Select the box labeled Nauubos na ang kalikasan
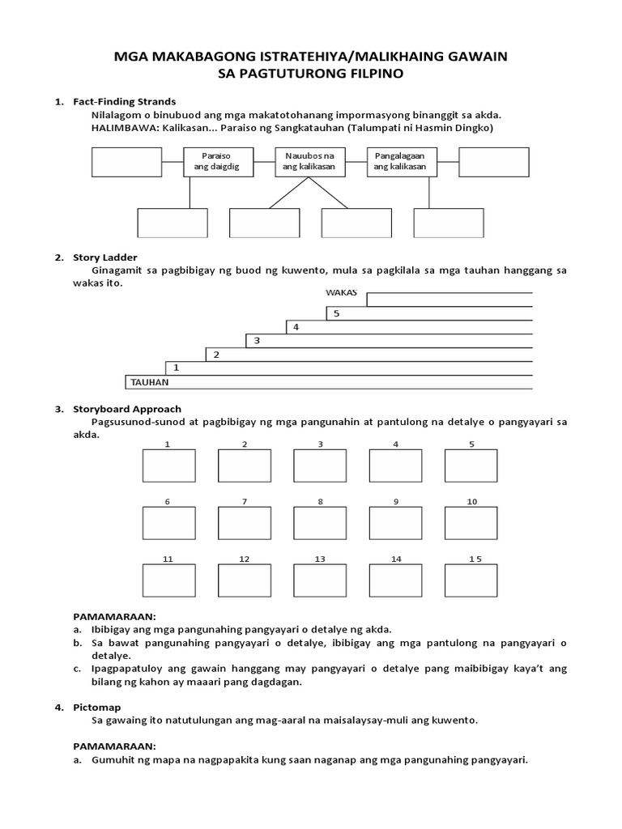point(309,162)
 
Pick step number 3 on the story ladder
point(257,341)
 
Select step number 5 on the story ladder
point(337,313)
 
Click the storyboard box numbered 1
point(168,466)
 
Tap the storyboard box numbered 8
point(320,523)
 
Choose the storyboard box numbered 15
point(471,580)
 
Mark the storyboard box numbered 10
point(471,523)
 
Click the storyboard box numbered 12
point(244,580)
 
